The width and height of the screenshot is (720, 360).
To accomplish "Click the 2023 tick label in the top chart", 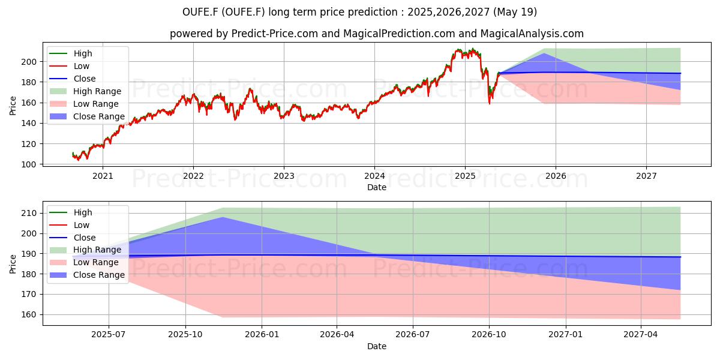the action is [x=284, y=176].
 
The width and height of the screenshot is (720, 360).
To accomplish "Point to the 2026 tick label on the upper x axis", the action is [x=556, y=176].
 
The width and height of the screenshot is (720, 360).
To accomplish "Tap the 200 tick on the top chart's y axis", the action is [x=29, y=62].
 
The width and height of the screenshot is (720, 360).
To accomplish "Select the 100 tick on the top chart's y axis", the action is [x=29, y=164].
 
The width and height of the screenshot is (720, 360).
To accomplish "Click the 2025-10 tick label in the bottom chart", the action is [x=185, y=335].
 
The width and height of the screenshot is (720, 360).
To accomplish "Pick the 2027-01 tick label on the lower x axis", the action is [x=565, y=335].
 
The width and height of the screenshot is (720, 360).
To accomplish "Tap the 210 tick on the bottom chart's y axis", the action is [x=29, y=213].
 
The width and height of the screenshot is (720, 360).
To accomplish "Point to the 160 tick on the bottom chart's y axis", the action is [x=29, y=314].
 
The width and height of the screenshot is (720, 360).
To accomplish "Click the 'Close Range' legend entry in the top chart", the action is [x=87, y=116].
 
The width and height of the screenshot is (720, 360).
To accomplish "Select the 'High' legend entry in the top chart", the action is [x=71, y=53].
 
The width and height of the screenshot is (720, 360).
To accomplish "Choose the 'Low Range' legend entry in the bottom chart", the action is [x=84, y=262].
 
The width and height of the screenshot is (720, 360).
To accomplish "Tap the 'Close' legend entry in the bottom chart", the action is [x=73, y=238].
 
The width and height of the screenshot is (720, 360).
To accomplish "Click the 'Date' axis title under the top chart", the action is [x=377, y=187].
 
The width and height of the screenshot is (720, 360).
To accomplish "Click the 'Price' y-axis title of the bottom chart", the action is [x=13, y=264].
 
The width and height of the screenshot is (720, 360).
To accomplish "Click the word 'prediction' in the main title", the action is [x=373, y=12].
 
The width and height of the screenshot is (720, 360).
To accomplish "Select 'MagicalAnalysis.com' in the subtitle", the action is [x=532, y=34].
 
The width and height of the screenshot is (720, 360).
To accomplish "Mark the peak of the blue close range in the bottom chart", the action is [x=223, y=217].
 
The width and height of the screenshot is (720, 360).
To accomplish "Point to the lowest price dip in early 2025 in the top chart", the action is [x=490, y=104].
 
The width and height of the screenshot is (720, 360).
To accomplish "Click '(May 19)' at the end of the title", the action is [x=515, y=12].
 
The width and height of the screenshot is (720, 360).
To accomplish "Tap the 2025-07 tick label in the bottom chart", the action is [x=109, y=335].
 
